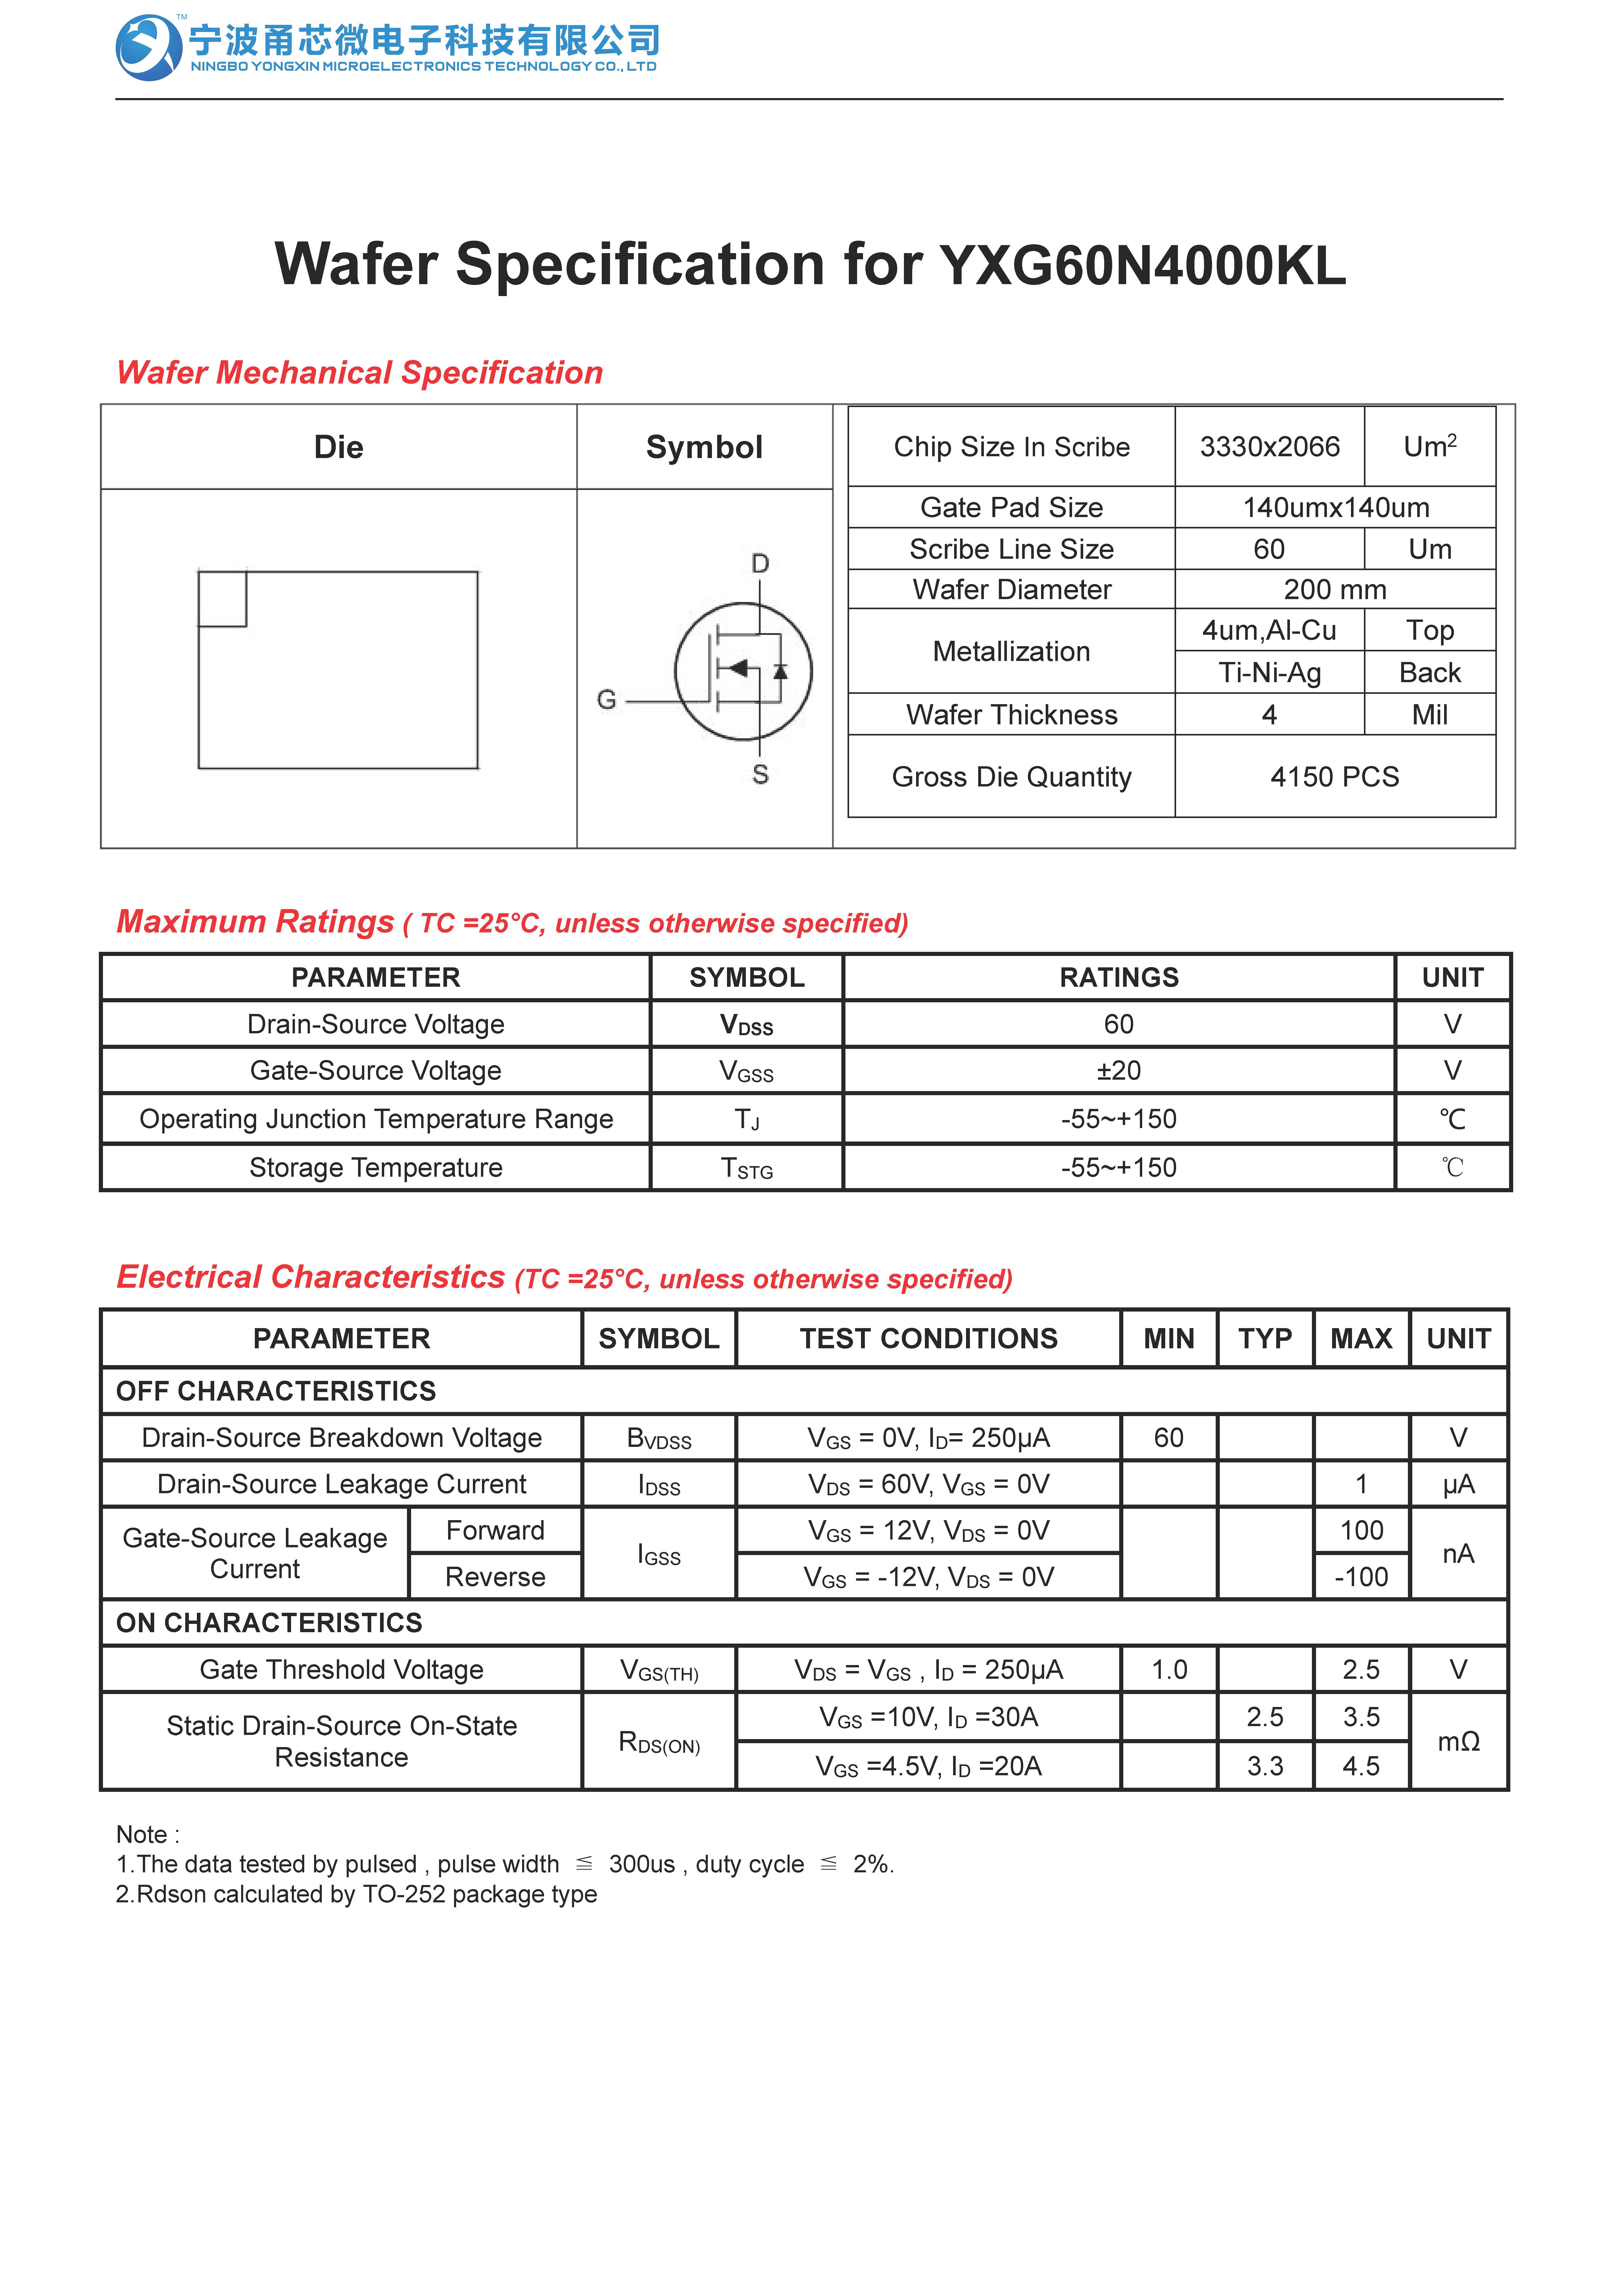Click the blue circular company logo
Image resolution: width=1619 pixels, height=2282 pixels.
[148, 47]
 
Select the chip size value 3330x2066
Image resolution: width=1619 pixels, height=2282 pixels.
[1269, 447]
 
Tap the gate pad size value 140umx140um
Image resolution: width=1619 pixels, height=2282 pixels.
[1335, 507]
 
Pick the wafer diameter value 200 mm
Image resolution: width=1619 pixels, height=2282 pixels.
[1335, 589]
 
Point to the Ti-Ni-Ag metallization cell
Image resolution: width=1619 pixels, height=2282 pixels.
[1269, 673]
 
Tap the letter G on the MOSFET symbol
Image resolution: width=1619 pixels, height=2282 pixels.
[606, 700]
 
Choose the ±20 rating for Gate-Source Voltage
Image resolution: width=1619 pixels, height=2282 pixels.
[1119, 1071]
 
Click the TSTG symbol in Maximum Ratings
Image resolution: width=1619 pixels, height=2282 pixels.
[747, 1168]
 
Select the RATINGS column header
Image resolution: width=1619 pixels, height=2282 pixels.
[1119, 977]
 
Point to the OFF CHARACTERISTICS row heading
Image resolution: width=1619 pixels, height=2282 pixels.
[276, 1391]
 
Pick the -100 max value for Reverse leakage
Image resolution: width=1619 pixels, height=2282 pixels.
[1361, 1577]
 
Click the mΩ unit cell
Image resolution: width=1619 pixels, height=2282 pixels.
[1458, 1742]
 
